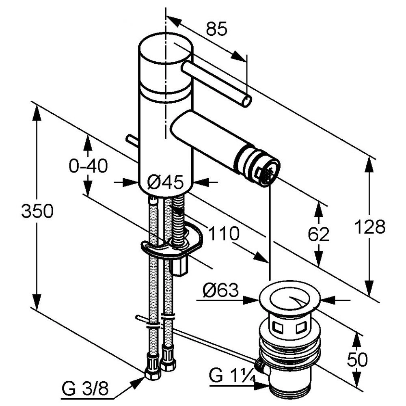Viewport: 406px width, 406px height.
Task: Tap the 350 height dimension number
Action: [37, 211]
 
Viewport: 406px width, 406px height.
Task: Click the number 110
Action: [224, 233]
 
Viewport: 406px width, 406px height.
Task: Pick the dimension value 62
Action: [319, 234]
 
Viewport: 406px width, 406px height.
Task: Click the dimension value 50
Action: [357, 359]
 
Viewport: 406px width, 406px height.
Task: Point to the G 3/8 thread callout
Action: [85, 390]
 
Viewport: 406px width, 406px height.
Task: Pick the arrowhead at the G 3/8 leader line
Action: [140, 380]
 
